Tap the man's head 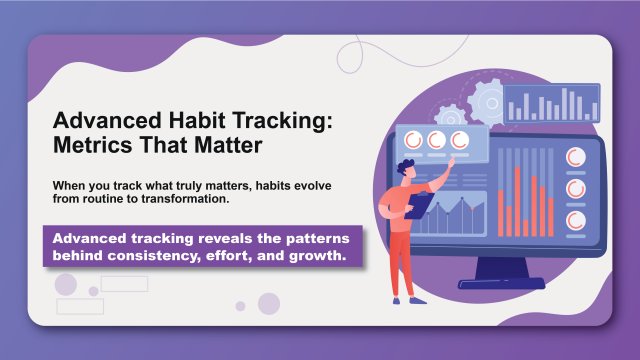click(x=405, y=168)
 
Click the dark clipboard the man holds click(x=419, y=205)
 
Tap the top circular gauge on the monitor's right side click(x=576, y=158)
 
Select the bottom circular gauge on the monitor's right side click(x=576, y=219)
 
